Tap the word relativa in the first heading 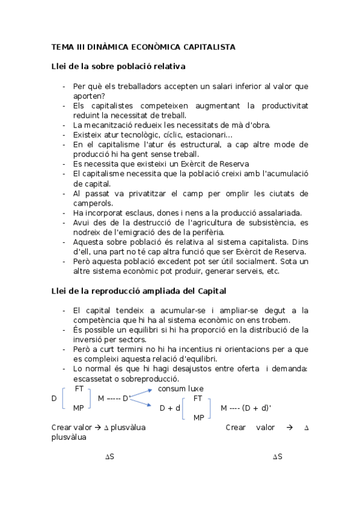pos(168,66)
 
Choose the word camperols pos(93,203)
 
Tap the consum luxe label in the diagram pos(180,389)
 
